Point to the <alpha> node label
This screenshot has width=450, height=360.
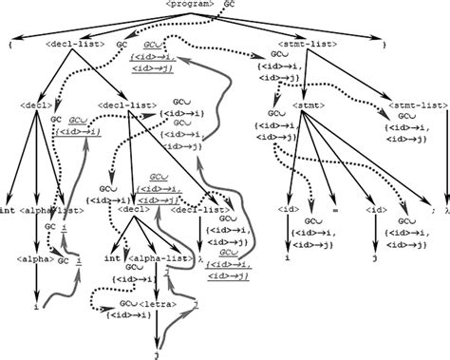coord(34,257)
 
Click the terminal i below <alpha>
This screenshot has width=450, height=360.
coord(34,308)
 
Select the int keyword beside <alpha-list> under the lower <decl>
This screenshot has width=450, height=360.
coord(112,257)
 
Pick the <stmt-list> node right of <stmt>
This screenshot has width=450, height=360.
coord(415,104)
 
